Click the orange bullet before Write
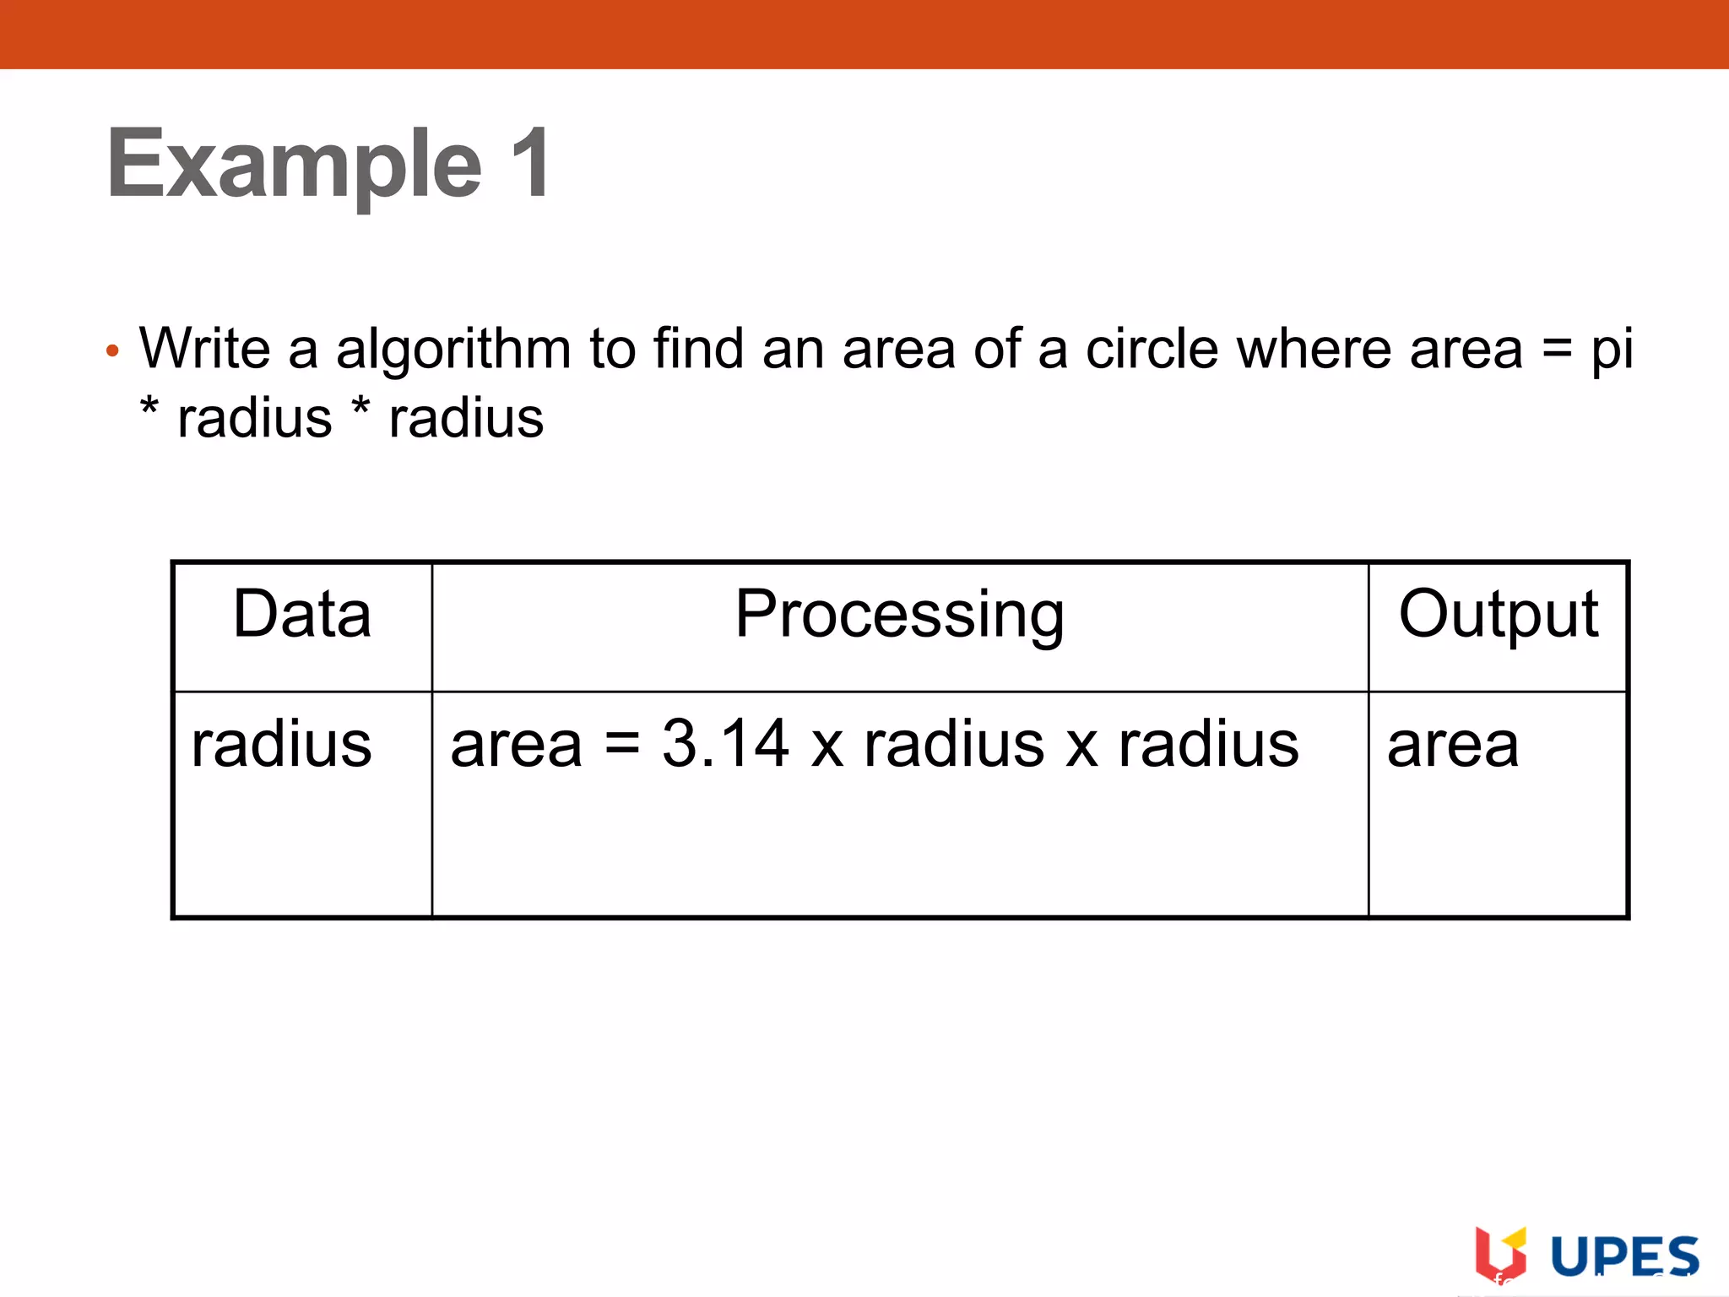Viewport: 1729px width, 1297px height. point(112,350)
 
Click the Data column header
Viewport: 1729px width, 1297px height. point(302,614)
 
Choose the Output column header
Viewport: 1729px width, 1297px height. point(1498,614)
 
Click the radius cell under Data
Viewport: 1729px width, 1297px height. point(281,745)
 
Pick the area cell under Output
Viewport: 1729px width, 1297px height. point(1453,746)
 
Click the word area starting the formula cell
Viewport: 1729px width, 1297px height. point(516,746)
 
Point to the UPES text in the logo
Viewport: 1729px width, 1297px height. point(1624,1256)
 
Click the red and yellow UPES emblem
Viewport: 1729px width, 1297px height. point(1500,1254)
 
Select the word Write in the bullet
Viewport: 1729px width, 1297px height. point(204,348)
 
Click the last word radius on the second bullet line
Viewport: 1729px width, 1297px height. point(466,419)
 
